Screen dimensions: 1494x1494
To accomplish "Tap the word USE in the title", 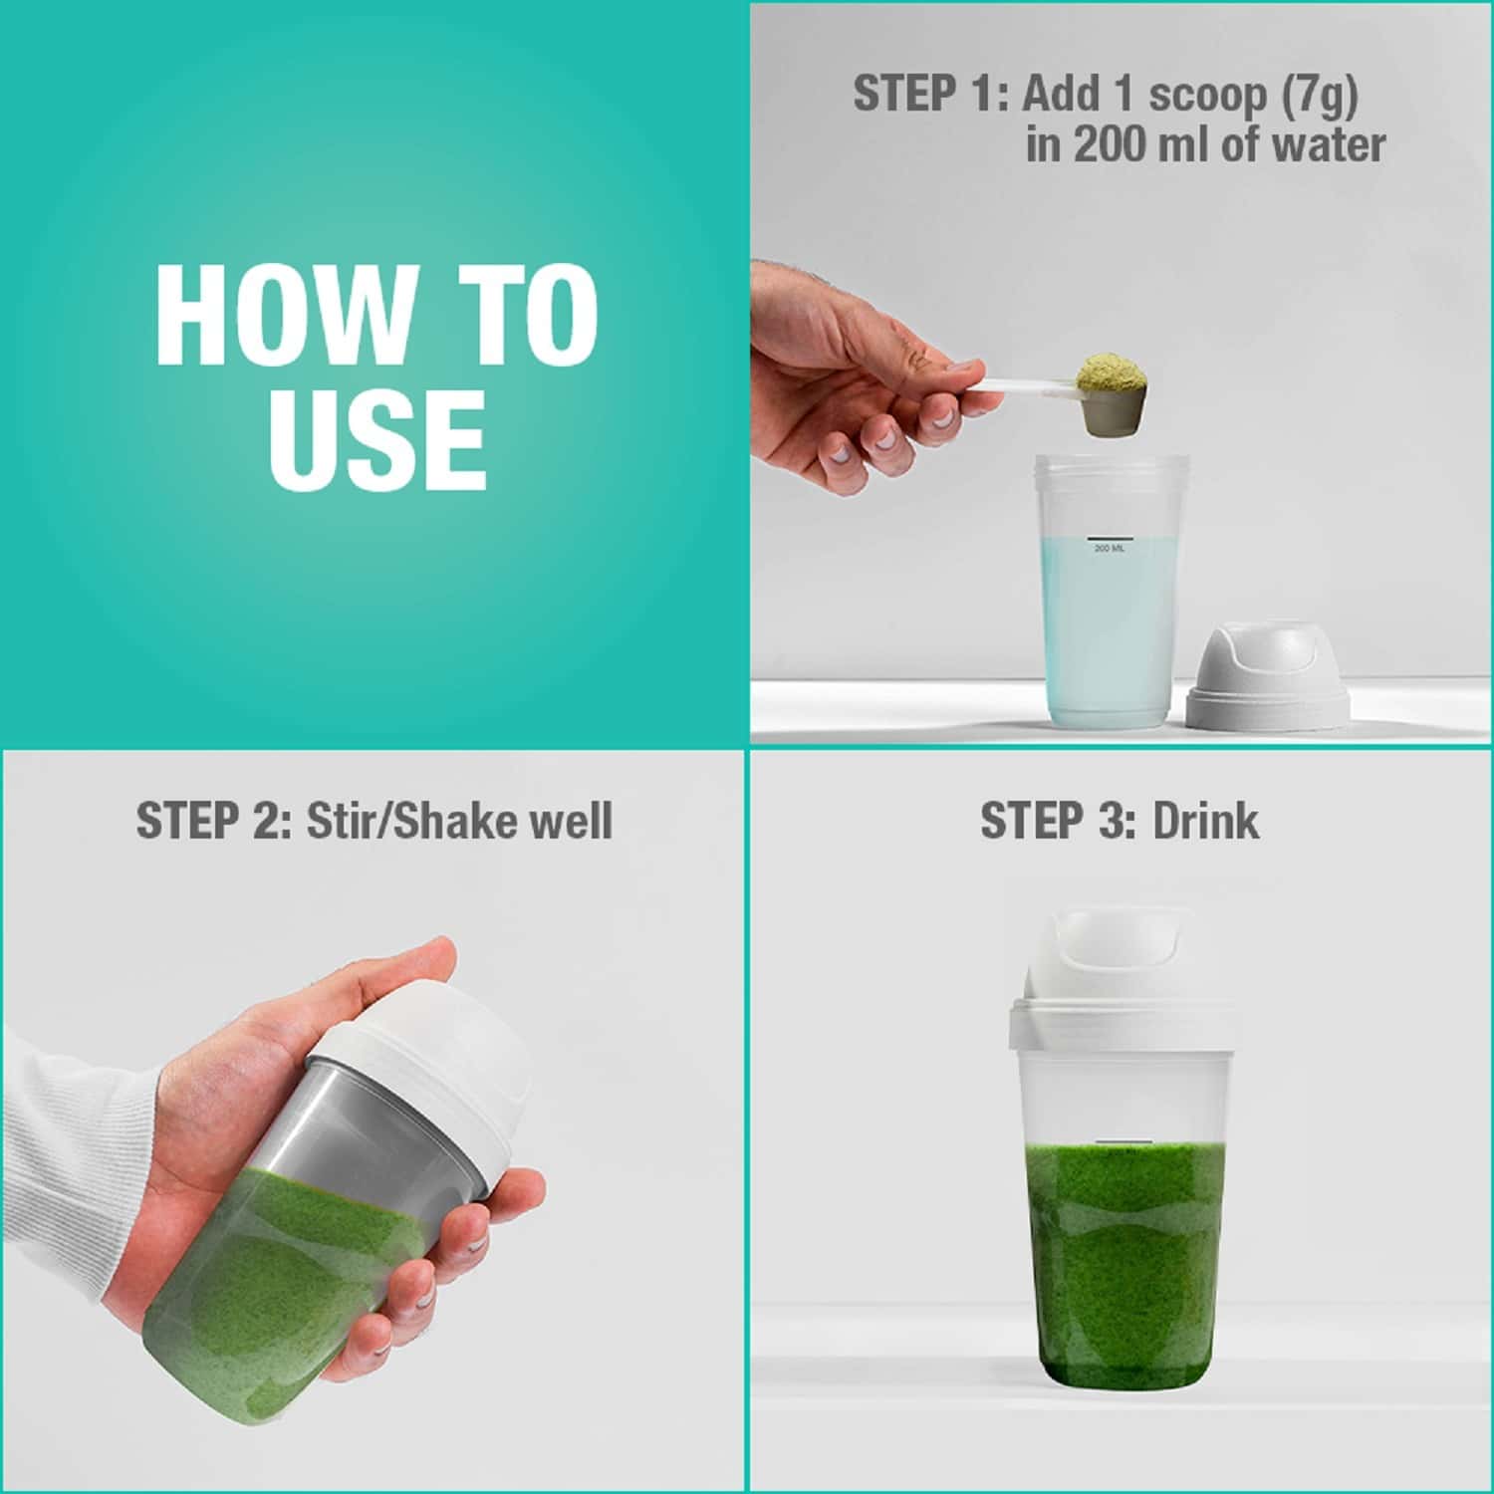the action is click(376, 439).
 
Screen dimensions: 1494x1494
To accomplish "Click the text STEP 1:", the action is click(931, 95).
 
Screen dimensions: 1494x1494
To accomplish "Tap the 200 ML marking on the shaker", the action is click(1110, 549).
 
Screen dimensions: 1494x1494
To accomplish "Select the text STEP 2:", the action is click(213, 822).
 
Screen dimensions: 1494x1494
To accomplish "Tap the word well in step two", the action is click(571, 822).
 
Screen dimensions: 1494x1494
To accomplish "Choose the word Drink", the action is click(1205, 821).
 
